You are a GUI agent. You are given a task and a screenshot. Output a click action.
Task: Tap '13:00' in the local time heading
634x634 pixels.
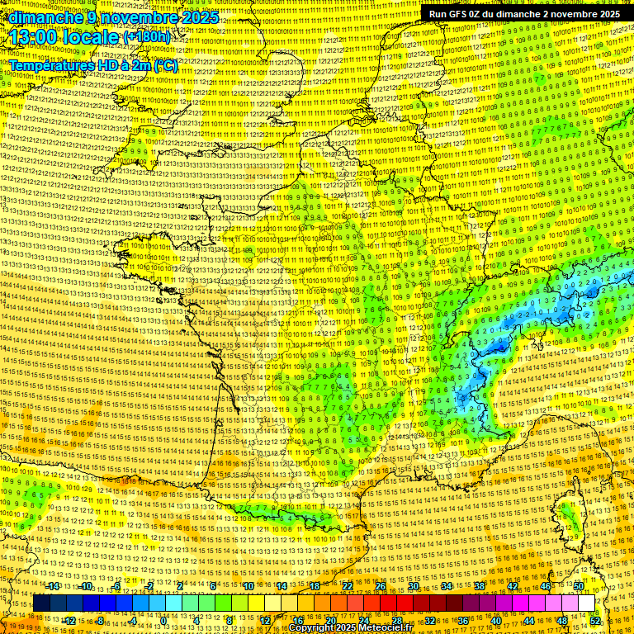(34, 37)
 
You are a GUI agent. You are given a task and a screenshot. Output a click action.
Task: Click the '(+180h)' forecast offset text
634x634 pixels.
(147, 37)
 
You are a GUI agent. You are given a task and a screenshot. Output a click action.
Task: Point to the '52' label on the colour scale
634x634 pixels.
(595, 620)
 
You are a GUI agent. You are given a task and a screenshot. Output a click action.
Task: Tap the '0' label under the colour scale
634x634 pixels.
(163, 620)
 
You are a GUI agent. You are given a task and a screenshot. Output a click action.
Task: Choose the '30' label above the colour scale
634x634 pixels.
(413, 586)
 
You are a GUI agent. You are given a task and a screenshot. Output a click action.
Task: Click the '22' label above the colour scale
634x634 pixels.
(348, 586)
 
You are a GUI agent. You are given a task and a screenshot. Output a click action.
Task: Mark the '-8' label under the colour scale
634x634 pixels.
(99, 620)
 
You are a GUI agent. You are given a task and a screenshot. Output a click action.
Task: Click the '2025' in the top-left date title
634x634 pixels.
(199, 17)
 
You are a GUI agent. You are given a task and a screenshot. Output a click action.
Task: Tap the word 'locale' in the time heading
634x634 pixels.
(92, 37)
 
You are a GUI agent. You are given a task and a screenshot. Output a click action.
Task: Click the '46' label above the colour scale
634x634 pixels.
(545, 586)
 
